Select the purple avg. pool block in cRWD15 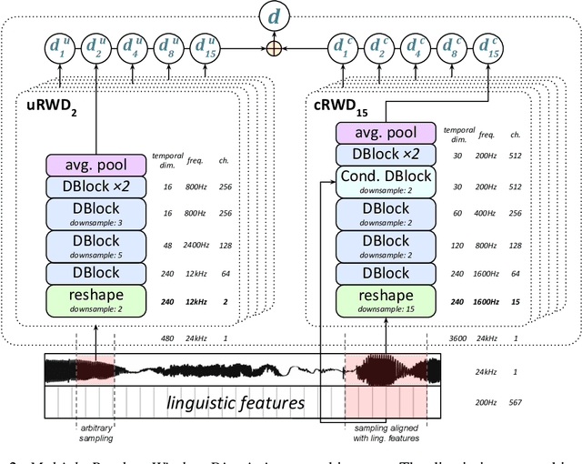click(x=386, y=133)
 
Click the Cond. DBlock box click(x=386, y=181)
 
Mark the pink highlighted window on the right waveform click(x=386, y=370)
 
